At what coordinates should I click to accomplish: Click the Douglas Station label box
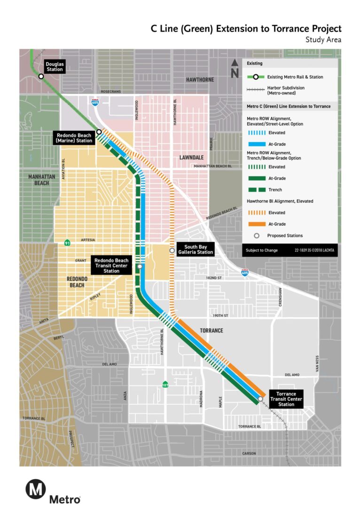54,66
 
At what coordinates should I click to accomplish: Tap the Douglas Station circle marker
41,76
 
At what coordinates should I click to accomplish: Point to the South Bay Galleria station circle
172,251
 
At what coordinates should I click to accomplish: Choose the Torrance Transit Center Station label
286,398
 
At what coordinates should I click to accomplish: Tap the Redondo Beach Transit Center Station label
111,265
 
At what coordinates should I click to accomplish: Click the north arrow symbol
235,70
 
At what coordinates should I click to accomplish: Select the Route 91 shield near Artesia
68,243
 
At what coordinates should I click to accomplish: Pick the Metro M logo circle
35,489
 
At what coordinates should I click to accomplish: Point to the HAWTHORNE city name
200,80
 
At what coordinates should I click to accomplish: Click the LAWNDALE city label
191,158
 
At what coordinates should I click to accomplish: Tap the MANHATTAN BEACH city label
42,180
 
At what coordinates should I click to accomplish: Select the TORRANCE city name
212,331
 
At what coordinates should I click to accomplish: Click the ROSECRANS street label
110,92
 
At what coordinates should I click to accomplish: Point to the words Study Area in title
323,40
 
